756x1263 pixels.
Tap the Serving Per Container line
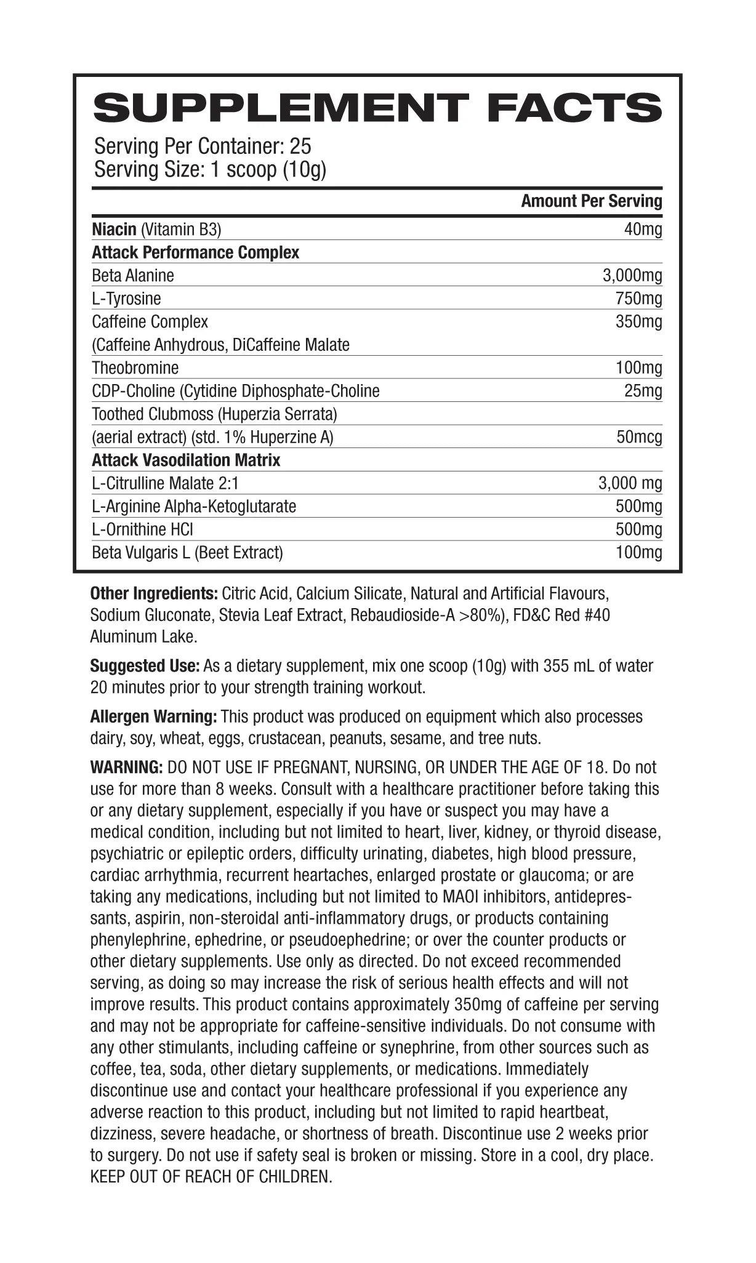point(203,146)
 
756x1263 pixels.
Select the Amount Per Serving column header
point(591,201)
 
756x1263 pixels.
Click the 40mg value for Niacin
point(643,230)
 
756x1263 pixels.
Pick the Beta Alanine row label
point(133,276)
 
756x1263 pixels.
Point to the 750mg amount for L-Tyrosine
point(639,299)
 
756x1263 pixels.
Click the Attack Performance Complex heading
point(195,253)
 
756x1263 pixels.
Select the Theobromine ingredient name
point(135,368)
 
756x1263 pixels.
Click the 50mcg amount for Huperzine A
point(639,438)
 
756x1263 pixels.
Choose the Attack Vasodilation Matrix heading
point(186,460)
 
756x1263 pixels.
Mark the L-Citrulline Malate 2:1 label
point(165,484)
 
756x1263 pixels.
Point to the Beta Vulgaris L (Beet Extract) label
point(187,553)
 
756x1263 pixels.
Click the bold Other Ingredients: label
point(154,594)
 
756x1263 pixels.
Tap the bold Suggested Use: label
point(145,666)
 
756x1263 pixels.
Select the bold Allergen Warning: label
point(153,717)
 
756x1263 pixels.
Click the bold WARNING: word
point(126,768)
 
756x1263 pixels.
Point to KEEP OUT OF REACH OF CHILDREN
point(211,1177)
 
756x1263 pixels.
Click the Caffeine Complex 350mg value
point(639,322)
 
